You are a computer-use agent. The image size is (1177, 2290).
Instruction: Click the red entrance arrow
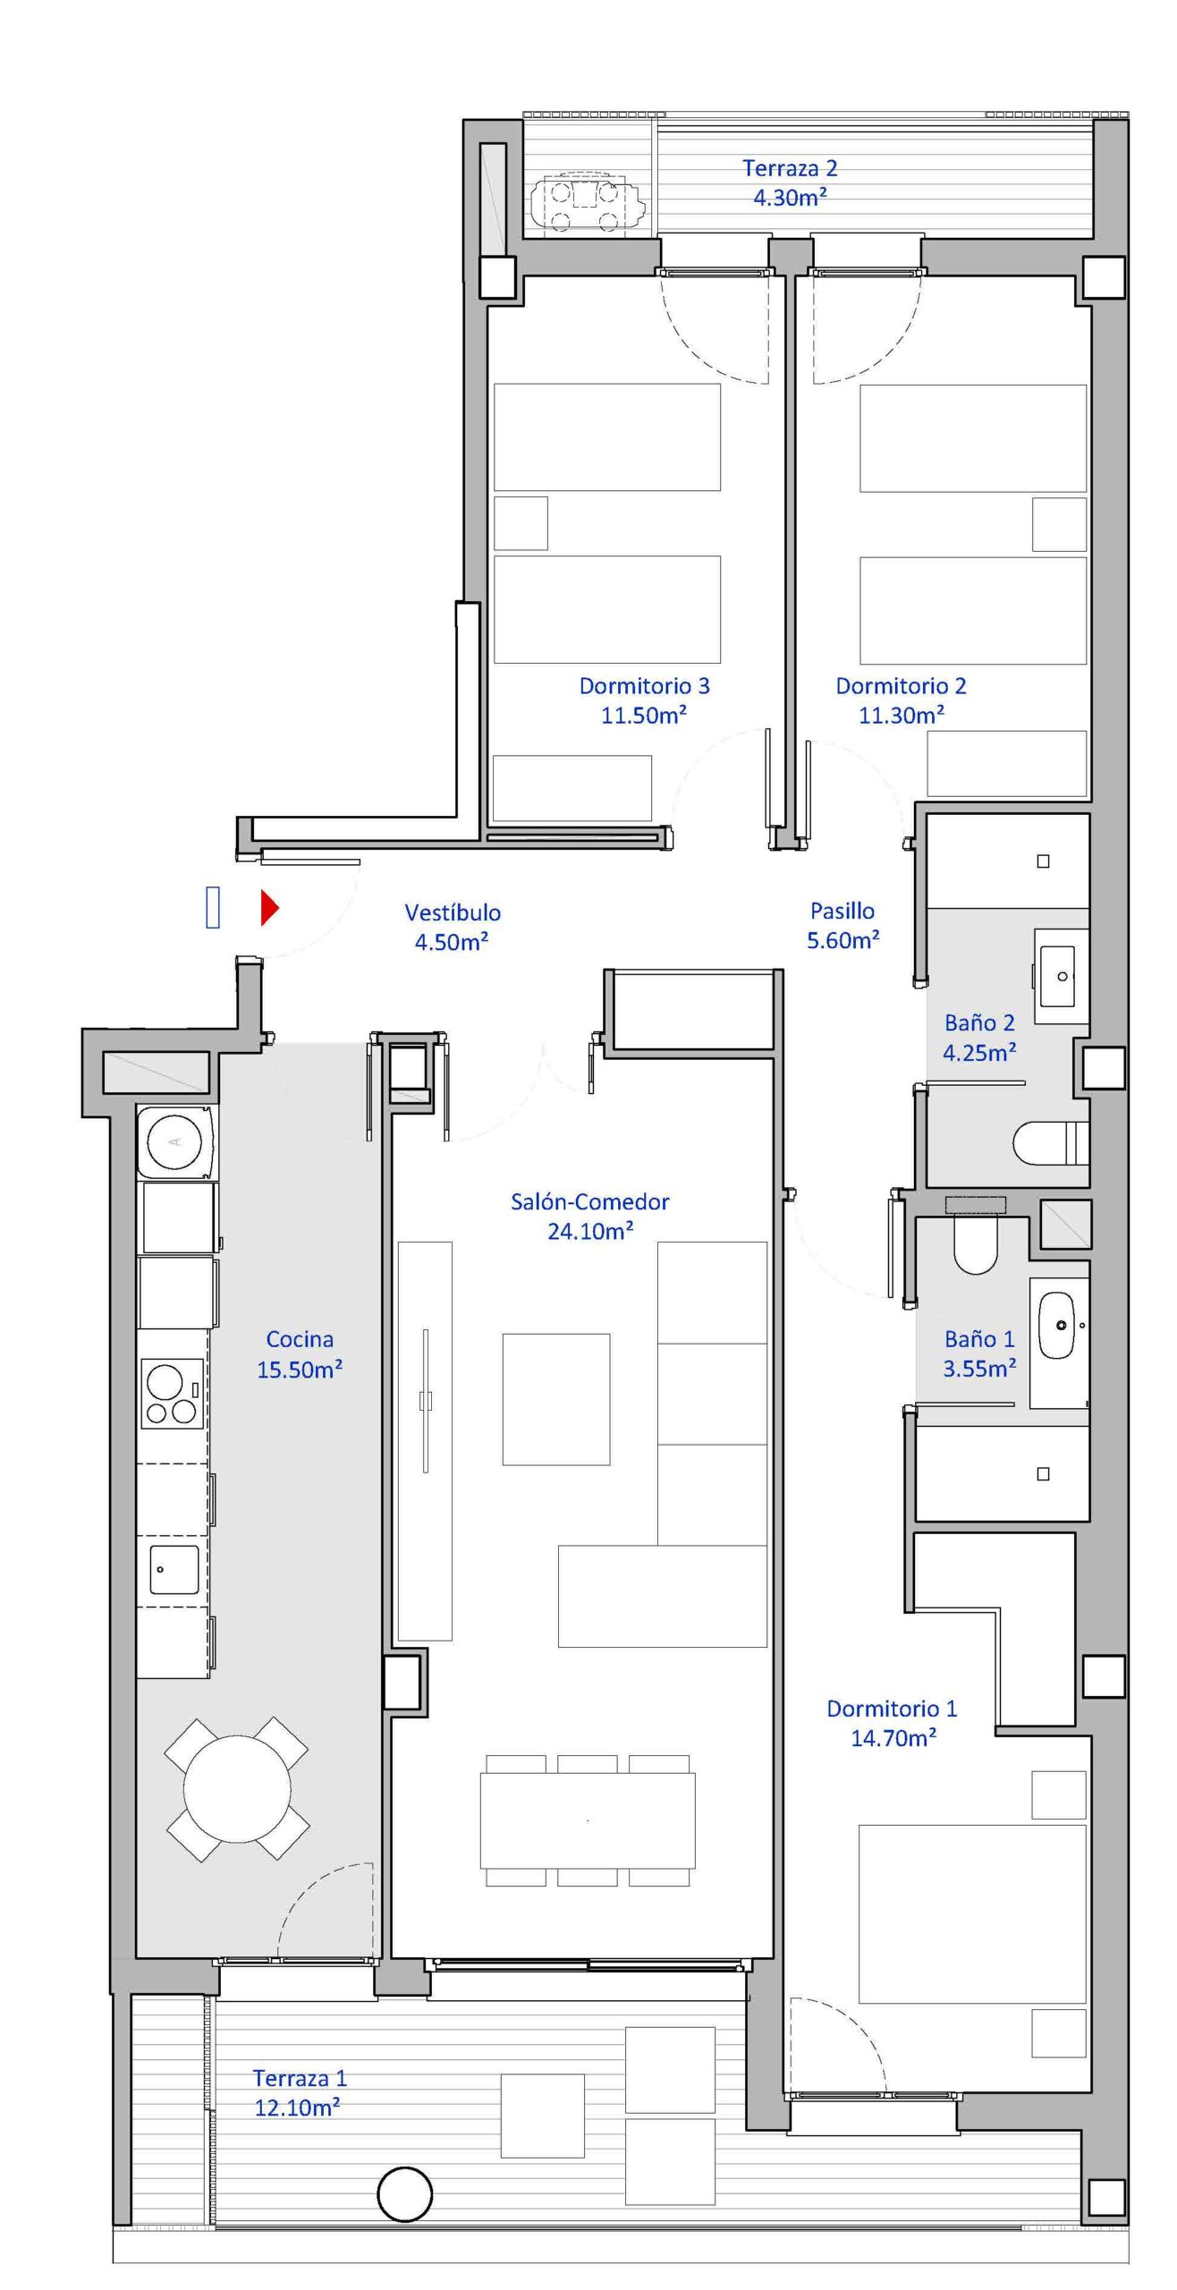click(269, 907)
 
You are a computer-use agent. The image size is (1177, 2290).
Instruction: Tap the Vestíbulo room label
click(453, 912)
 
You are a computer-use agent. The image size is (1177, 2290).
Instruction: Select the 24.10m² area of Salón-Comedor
click(590, 1231)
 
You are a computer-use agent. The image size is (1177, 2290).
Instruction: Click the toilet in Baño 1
click(975, 1243)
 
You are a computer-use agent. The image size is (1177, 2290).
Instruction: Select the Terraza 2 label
click(790, 168)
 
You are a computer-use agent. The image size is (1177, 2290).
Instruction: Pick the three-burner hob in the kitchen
click(172, 1394)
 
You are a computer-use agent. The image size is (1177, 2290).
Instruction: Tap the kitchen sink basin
click(174, 1570)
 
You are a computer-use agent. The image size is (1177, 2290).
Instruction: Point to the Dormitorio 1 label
click(892, 1709)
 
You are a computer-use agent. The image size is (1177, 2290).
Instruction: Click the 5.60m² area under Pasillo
click(843, 940)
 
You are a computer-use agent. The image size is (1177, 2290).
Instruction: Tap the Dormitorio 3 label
click(644, 686)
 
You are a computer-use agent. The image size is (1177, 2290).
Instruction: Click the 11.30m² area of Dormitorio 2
click(902, 715)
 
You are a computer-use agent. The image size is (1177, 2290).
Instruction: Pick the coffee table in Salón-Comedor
click(556, 1399)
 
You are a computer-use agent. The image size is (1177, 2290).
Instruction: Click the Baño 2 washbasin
click(1063, 976)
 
